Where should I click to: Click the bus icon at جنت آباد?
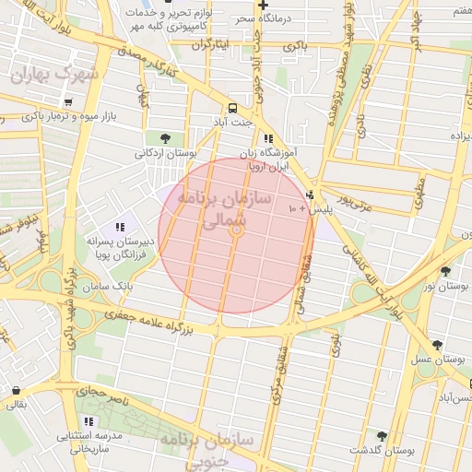click(x=232, y=107)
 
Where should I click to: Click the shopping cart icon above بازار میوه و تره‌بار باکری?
click(x=67, y=100)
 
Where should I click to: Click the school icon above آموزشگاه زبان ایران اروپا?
click(x=268, y=138)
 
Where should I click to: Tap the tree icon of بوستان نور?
click(x=447, y=271)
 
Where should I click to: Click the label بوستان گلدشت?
click(x=379, y=450)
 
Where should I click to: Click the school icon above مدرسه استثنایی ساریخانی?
click(x=88, y=421)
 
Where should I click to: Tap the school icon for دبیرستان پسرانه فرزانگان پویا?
click(x=120, y=227)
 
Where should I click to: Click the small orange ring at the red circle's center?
click(x=236, y=234)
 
